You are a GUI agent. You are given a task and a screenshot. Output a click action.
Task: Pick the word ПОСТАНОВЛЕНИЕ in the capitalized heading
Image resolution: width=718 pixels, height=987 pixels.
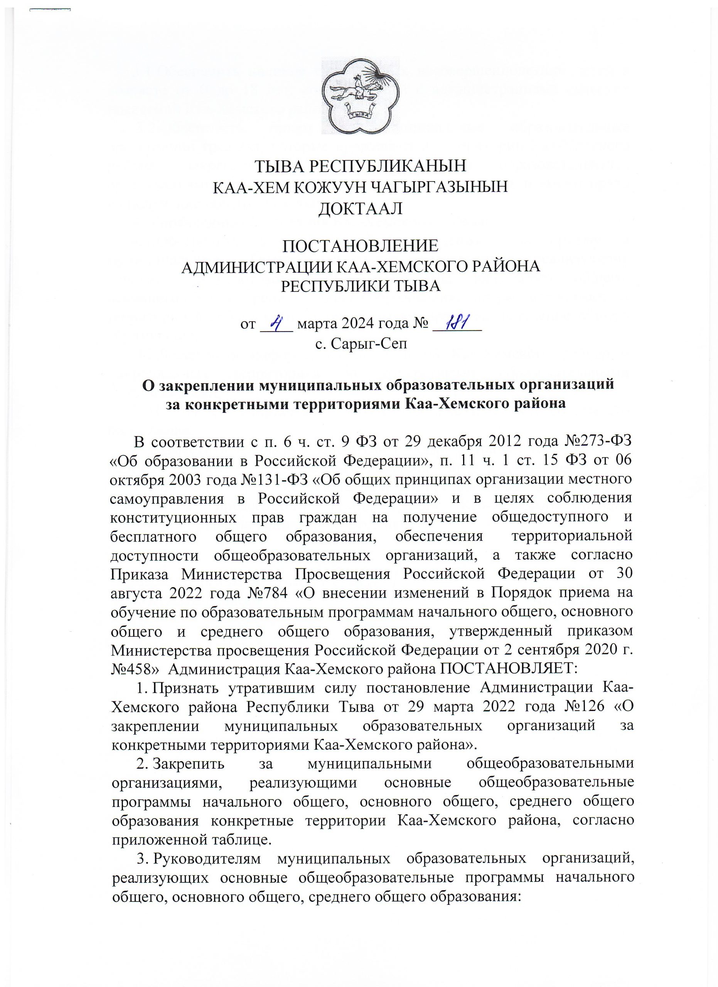click(360, 246)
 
